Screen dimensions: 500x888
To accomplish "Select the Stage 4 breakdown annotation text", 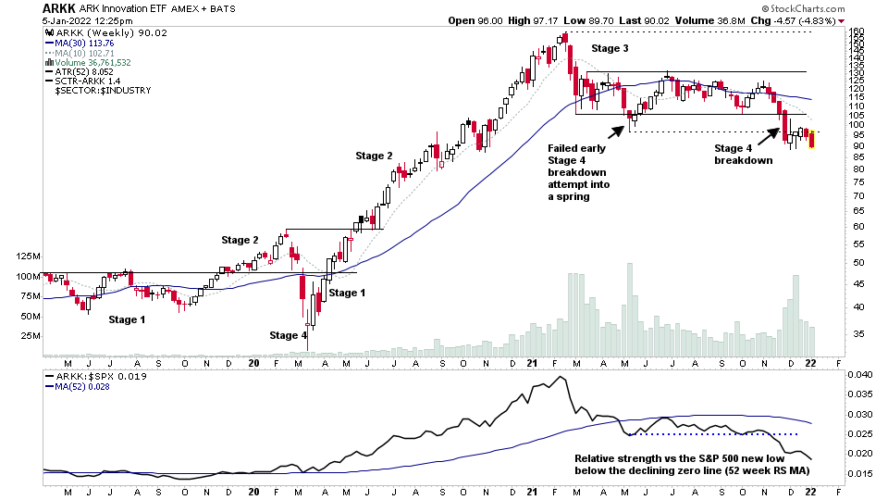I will (742, 154).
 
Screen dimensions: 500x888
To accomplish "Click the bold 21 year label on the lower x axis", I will (533, 493).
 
